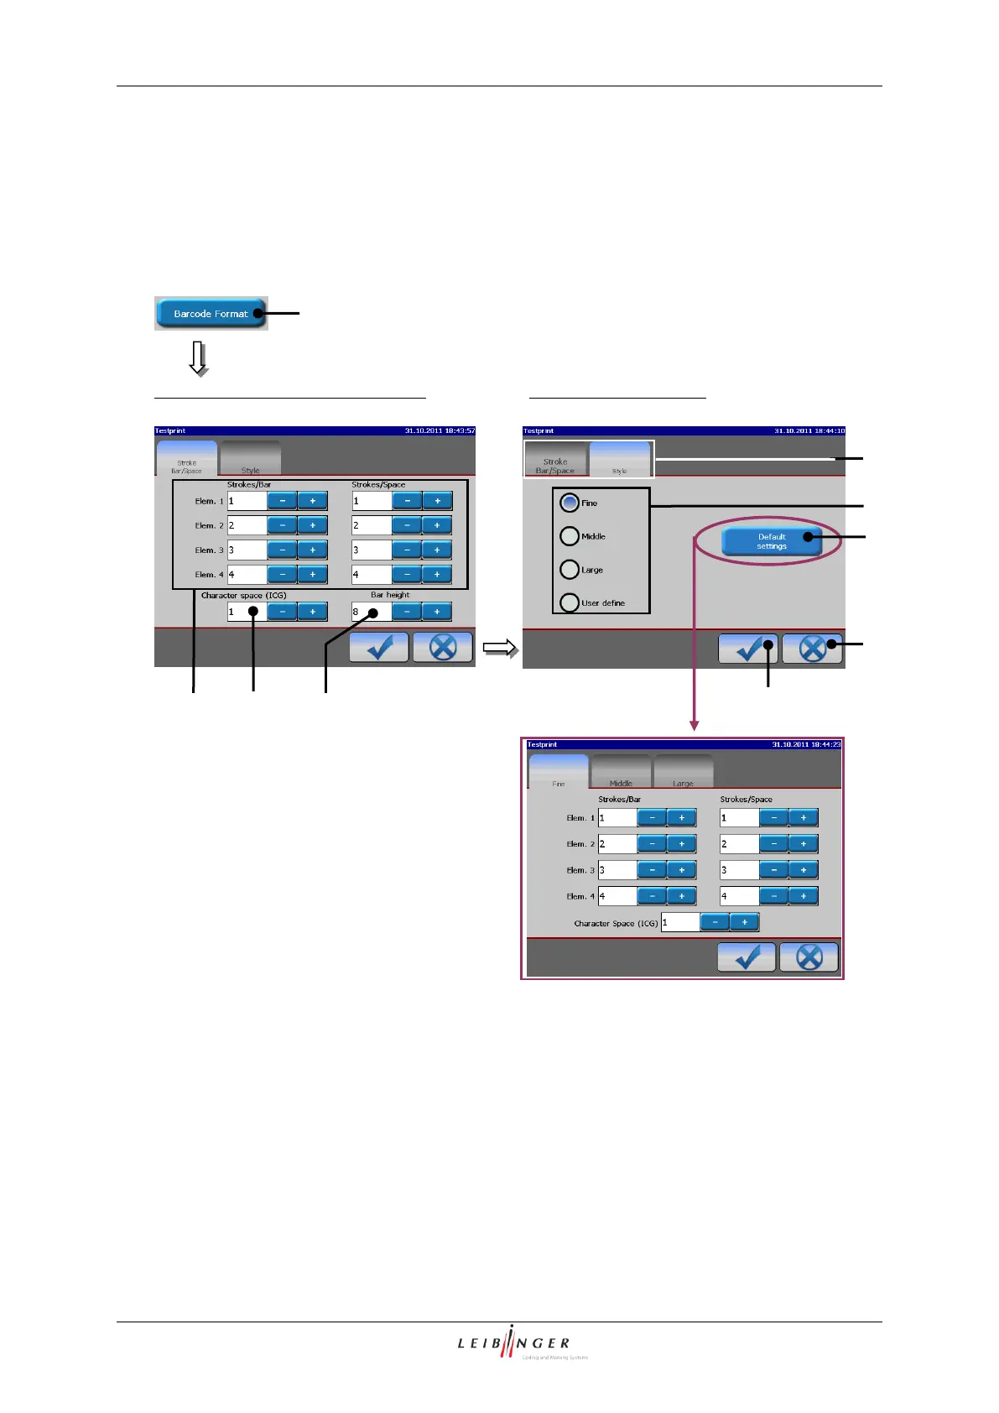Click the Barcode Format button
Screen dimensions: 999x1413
click(211, 314)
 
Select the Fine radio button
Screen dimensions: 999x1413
click(570, 503)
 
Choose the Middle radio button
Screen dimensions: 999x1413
click(570, 536)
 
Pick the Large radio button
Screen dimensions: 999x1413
click(570, 570)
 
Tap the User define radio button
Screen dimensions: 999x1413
click(570, 602)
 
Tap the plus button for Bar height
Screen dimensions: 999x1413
click(437, 612)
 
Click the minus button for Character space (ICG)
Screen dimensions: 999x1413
click(283, 612)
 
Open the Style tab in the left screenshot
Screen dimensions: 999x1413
click(250, 460)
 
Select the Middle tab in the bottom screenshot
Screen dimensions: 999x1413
click(621, 773)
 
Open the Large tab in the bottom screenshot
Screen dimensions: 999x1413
click(683, 773)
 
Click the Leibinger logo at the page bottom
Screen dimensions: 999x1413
click(513, 1343)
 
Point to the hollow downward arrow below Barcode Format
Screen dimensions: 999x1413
click(199, 358)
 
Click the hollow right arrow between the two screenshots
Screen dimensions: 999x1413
click(500, 649)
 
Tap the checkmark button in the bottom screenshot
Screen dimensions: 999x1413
click(747, 957)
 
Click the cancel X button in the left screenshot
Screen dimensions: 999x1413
click(443, 648)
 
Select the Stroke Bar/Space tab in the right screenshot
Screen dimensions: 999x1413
click(555, 460)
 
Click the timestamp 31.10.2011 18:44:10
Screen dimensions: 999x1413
click(809, 431)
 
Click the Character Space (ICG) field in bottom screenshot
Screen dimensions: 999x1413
click(680, 922)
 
